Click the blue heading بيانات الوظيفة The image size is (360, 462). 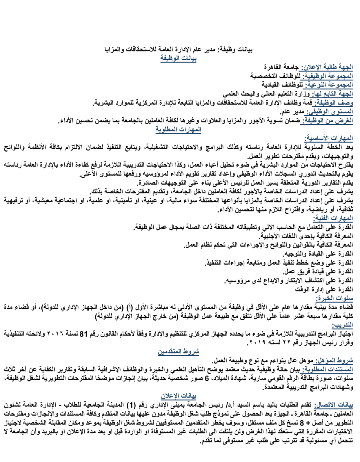point(178,59)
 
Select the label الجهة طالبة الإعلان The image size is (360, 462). point(327,68)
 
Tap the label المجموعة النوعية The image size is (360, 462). point(328,85)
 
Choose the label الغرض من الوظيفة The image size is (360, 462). point(327,121)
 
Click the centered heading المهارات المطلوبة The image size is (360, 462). point(178,130)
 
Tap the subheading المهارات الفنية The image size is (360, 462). point(332,218)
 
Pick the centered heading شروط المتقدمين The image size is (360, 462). point(178,352)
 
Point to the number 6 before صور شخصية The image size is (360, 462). point(207,379)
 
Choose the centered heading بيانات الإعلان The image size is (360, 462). point(178,396)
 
